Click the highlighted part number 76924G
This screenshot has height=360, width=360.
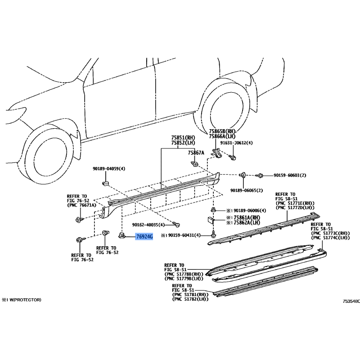tap(144, 237)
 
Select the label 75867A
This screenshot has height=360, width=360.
tap(196, 153)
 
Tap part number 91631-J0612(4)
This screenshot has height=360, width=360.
tap(236, 143)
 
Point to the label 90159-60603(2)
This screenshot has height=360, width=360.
tap(290, 175)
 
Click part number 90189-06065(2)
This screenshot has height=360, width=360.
tap(247, 190)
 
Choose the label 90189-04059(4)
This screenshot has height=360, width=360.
tap(109, 169)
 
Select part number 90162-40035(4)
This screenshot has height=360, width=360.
tap(148, 225)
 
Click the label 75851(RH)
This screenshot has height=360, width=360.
tap(183, 138)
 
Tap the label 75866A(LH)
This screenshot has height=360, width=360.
tap(222, 136)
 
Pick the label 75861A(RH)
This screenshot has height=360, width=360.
tap(247, 217)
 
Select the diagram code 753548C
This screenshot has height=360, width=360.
tap(351, 301)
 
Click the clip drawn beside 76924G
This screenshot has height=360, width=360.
tap(121, 235)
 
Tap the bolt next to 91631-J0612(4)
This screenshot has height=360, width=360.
tap(232, 157)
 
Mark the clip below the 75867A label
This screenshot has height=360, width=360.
tap(195, 164)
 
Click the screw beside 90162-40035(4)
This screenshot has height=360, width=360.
tap(176, 224)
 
